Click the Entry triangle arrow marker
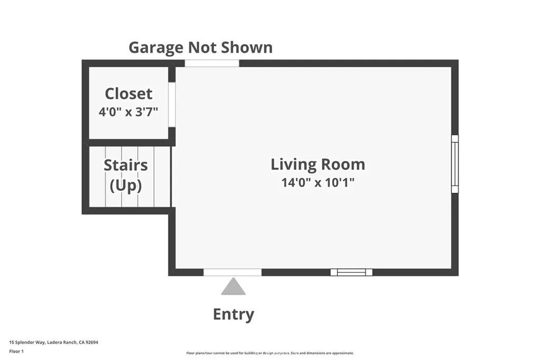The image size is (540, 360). click(233, 287)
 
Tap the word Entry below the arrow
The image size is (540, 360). click(234, 315)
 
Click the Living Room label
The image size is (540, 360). click(317, 164)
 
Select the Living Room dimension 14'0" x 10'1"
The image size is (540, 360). click(317, 183)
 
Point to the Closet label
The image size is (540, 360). click(129, 94)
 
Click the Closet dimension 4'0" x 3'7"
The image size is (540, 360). click(129, 112)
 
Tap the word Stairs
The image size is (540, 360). click(126, 165)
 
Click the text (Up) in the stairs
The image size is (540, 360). click(126, 186)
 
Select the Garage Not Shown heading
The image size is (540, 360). click(200, 47)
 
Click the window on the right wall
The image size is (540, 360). click(455, 164)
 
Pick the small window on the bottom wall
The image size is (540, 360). click(351, 273)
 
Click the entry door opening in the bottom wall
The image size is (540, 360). click(233, 273)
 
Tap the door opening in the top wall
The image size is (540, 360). click(211, 63)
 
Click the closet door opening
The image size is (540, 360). click(171, 104)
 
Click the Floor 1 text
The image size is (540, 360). click(17, 351)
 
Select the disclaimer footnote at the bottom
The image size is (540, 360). click(269, 353)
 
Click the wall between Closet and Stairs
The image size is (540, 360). click(129, 142)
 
